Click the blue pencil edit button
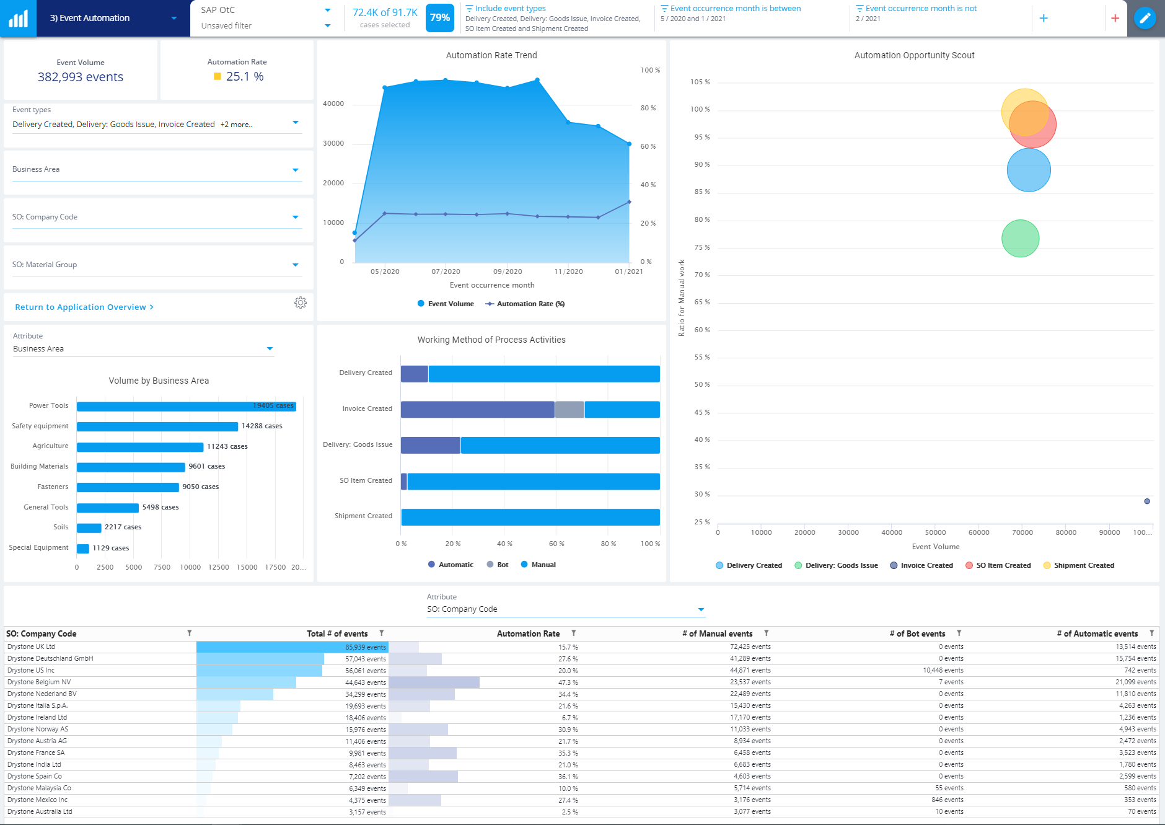click(1145, 18)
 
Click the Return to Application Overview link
click(84, 307)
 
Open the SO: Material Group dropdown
click(295, 265)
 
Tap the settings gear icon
click(301, 302)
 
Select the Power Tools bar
click(186, 406)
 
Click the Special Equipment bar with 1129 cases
click(83, 548)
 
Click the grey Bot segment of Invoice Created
click(569, 409)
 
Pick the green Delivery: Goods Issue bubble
click(1020, 239)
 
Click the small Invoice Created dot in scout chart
click(1147, 501)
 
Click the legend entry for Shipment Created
click(1083, 565)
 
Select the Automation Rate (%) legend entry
click(530, 304)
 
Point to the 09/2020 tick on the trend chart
click(508, 271)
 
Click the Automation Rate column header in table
click(528, 633)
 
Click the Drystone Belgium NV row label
click(39, 682)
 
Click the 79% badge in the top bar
click(439, 18)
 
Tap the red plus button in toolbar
click(1115, 18)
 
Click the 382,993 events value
click(81, 77)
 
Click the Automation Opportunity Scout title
click(914, 55)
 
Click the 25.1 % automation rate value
click(244, 76)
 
